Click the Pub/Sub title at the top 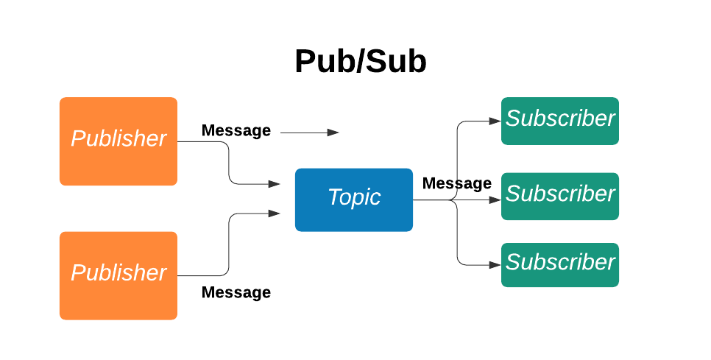click(x=360, y=62)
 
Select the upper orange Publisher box click(x=118, y=141)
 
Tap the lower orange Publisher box click(x=118, y=275)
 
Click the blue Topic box click(x=354, y=200)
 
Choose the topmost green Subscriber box click(x=559, y=121)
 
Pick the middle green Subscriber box click(x=559, y=196)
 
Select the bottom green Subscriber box click(x=559, y=264)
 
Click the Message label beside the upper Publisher click(x=236, y=131)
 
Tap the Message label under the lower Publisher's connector click(x=236, y=293)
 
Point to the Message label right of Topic click(x=456, y=183)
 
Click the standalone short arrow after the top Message click(x=309, y=133)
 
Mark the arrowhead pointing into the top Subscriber click(x=495, y=120)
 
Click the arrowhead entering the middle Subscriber click(x=495, y=200)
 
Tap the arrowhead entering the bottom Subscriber click(x=495, y=264)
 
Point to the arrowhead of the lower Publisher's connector click(x=275, y=213)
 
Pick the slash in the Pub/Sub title click(x=351, y=62)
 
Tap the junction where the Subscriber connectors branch click(x=457, y=200)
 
